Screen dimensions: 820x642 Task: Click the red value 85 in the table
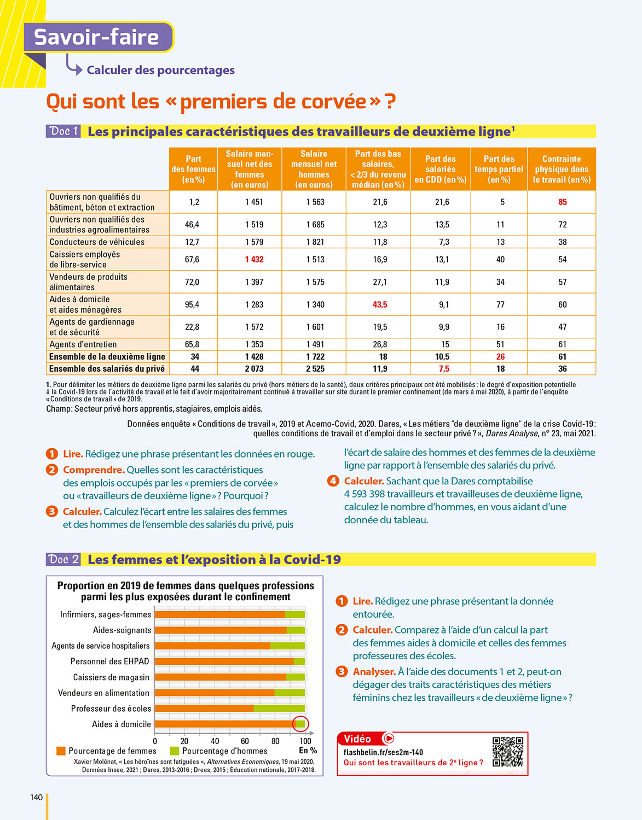click(562, 202)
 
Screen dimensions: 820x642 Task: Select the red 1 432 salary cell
click(254, 259)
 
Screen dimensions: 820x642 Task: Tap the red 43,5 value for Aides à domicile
click(380, 304)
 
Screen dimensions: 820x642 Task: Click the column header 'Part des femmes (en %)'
click(193, 169)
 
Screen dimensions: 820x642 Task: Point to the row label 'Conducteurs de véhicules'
click(97, 242)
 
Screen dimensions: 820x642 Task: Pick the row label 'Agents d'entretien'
click(83, 344)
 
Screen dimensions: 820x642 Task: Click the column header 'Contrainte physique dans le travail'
click(562, 169)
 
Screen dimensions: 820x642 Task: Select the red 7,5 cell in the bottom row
click(444, 368)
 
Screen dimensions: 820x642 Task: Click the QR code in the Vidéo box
click(507, 752)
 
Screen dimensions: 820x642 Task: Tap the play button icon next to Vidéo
click(388, 739)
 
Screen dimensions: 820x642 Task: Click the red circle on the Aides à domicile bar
click(300, 724)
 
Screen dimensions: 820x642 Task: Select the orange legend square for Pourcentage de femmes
click(61, 751)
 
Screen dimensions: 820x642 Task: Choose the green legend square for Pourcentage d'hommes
click(175, 751)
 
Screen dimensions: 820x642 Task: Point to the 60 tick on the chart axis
click(245, 741)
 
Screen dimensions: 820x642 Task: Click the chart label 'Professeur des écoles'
click(111, 708)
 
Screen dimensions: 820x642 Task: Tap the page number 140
click(36, 797)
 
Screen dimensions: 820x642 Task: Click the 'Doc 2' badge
click(63, 559)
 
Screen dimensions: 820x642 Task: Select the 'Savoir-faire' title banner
click(97, 37)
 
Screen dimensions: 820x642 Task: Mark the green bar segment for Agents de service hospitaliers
click(287, 646)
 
